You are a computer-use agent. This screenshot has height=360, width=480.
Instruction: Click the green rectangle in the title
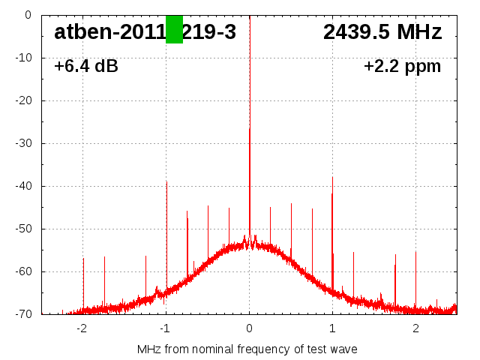174,29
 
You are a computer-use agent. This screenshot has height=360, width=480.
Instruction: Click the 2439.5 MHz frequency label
382,32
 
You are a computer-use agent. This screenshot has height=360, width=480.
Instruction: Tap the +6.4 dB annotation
86,67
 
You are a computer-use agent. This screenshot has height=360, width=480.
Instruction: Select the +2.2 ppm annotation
403,67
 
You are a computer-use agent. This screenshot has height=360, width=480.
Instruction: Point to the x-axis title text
247,349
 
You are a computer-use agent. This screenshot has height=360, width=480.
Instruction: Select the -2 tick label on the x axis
81,328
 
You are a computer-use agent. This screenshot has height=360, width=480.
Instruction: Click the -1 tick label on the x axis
164,328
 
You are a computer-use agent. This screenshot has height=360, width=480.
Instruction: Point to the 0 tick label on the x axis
249,328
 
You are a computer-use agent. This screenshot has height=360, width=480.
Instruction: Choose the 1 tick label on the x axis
332,328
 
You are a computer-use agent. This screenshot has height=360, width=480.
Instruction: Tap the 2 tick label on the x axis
415,328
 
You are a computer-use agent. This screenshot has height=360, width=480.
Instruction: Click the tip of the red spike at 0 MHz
250,128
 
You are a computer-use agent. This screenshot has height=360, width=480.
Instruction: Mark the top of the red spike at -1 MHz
166,181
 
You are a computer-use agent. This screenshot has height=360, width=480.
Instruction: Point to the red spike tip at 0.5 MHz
291,204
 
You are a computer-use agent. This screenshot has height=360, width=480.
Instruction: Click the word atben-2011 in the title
109,32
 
